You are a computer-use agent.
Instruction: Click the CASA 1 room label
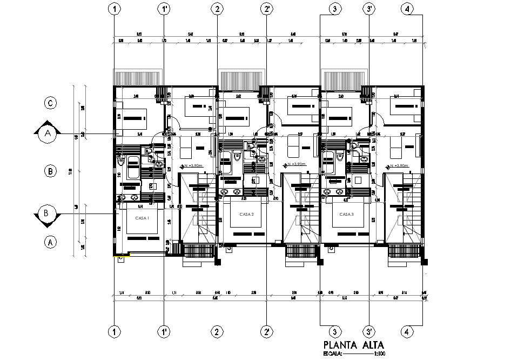(x=142, y=218)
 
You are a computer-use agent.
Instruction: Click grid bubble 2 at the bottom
(x=217, y=331)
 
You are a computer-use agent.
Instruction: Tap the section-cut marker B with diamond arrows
(x=47, y=214)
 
